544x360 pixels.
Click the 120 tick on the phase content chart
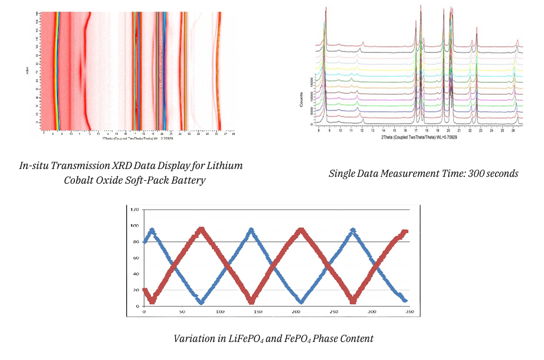[135, 210]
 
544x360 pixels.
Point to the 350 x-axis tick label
[409, 312]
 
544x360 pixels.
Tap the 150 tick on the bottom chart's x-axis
[258, 312]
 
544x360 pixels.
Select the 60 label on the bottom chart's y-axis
[136, 258]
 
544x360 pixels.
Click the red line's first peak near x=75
[200, 229]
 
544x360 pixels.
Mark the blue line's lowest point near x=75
[201, 303]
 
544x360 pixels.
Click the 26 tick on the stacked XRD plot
[512, 130]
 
